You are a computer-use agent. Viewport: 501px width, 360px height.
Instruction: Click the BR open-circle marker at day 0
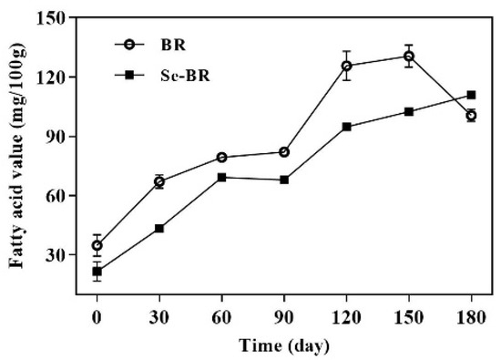pos(97,245)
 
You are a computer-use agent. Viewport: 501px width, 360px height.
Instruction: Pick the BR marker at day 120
pos(347,66)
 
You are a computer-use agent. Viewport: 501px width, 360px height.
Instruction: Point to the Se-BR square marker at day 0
pos(97,272)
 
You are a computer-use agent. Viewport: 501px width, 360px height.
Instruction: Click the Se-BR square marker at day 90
pos(284,180)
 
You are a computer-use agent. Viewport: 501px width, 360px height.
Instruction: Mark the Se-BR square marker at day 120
pos(347,127)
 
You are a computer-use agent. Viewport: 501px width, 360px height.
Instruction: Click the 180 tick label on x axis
pos(471,322)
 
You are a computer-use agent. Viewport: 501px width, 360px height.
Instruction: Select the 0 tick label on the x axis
pos(97,322)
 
